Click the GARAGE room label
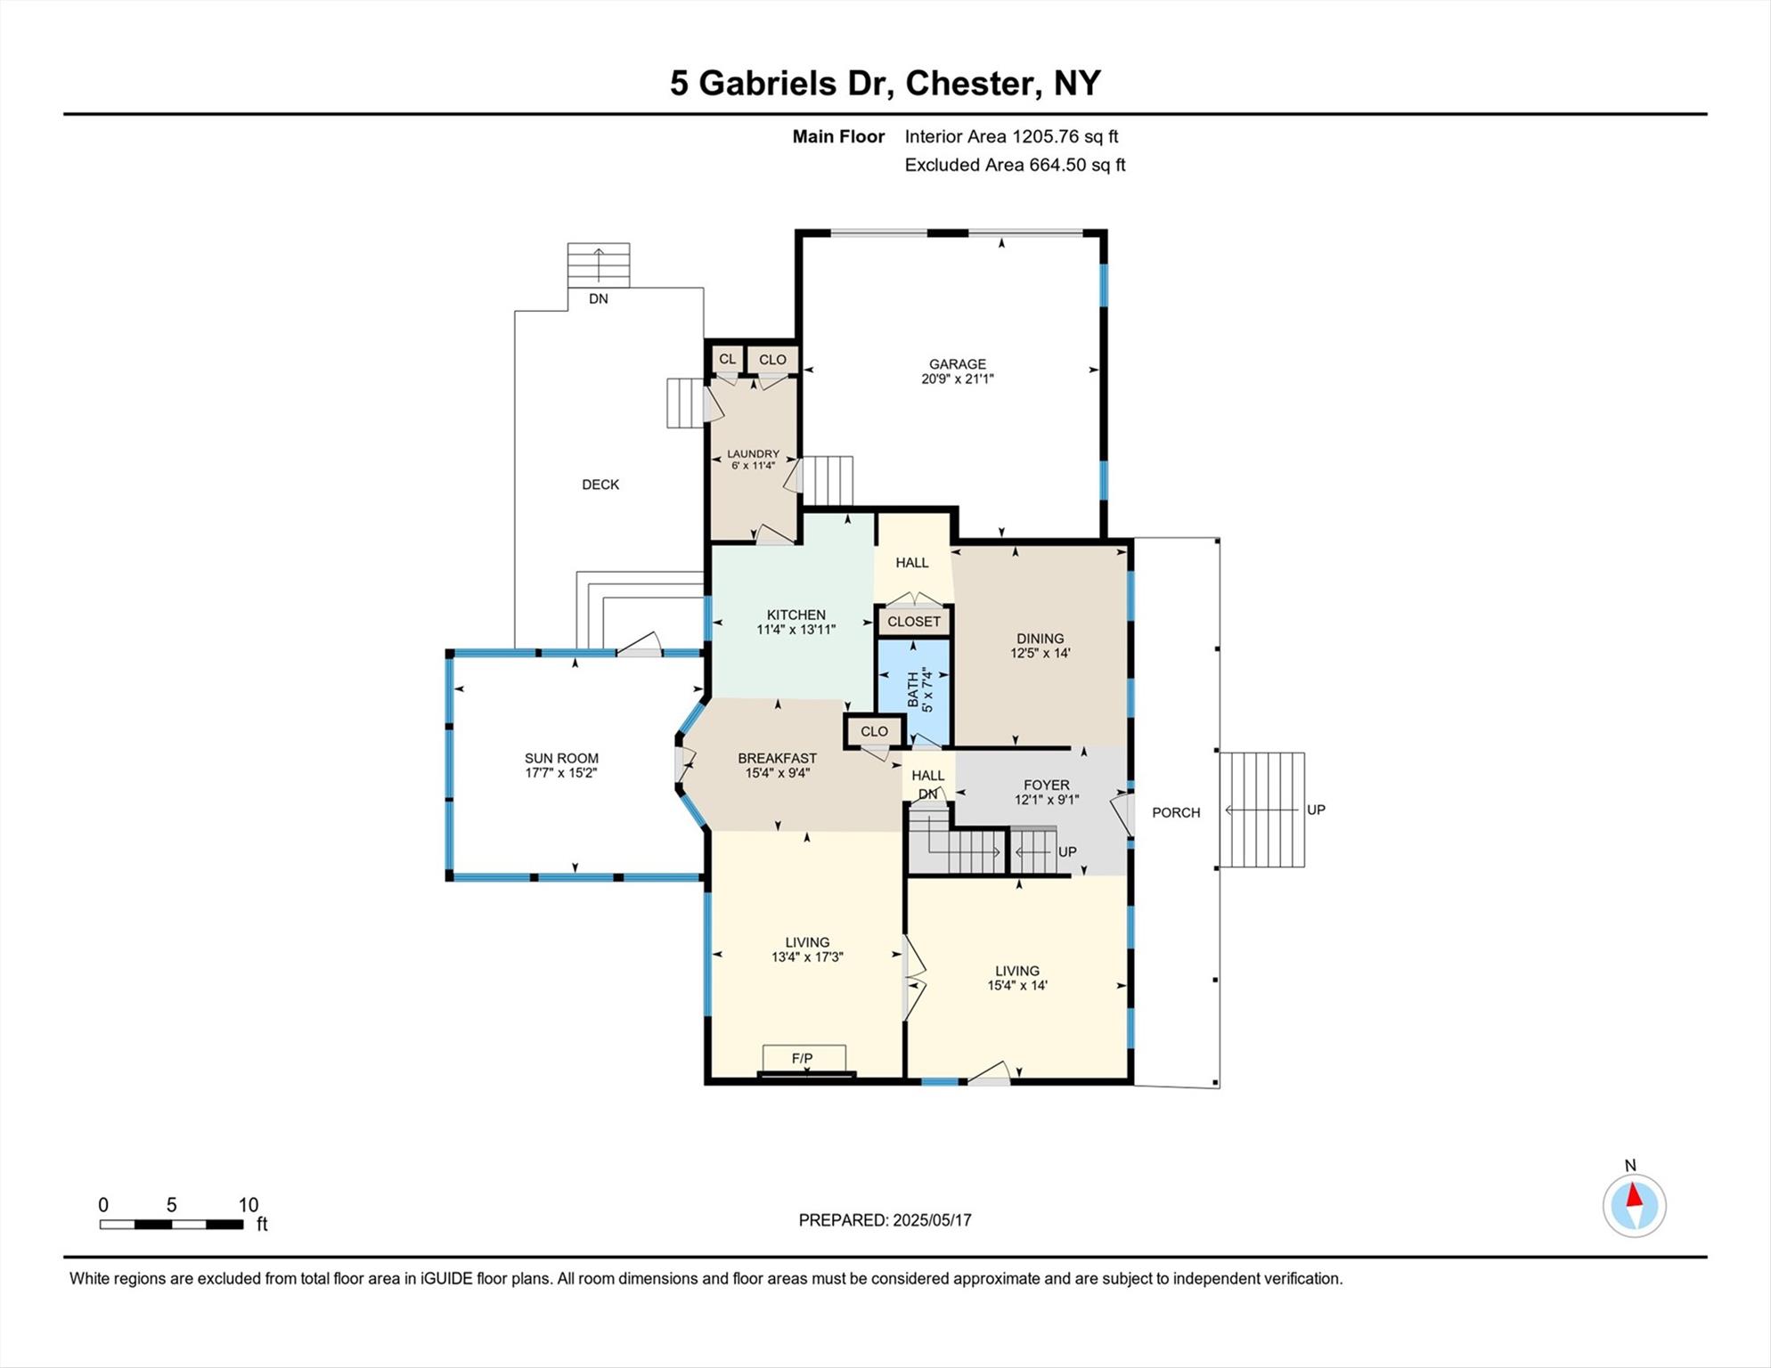point(957,363)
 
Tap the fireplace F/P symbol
point(803,1058)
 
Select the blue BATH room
point(914,691)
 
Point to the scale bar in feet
point(171,1224)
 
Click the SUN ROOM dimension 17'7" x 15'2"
point(560,773)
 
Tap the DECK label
point(600,484)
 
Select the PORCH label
point(1176,812)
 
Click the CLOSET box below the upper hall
point(914,622)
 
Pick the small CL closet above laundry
point(727,359)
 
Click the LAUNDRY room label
point(753,453)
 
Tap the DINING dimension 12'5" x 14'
point(1040,653)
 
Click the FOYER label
point(1046,785)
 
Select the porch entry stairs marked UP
point(1261,810)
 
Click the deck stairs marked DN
point(599,265)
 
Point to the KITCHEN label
point(796,615)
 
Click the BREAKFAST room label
point(777,758)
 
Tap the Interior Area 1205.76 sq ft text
point(1011,136)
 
